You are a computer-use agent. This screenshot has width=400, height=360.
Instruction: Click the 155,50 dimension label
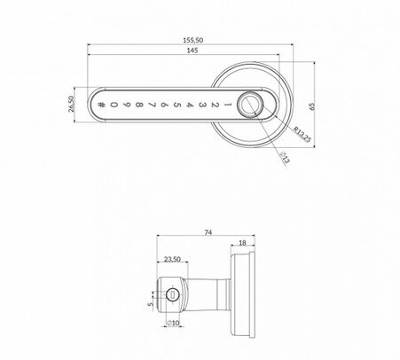pyautogui.click(x=193, y=40)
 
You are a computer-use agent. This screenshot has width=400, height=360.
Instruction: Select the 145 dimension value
pyautogui.click(x=192, y=51)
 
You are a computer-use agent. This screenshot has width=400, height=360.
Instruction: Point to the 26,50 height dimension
pyautogui.click(x=71, y=104)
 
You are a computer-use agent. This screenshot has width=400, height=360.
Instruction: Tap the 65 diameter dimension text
pyautogui.click(x=312, y=106)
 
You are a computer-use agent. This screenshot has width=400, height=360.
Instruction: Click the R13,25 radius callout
pyautogui.click(x=302, y=134)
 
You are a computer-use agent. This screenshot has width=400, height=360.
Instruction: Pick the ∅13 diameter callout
pyautogui.click(x=285, y=158)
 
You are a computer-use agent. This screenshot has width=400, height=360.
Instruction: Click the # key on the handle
pyautogui.click(x=101, y=105)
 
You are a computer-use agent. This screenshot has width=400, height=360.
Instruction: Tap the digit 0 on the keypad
pyautogui.click(x=114, y=105)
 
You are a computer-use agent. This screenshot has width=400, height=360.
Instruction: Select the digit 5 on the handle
pyautogui.click(x=176, y=105)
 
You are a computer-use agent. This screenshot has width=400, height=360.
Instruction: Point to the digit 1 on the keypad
pyautogui.click(x=228, y=105)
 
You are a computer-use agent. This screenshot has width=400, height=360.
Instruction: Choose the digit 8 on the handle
pyautogui.click(x=139, y=105)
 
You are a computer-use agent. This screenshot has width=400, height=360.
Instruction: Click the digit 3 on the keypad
pyautogui.click(x=202, y=105)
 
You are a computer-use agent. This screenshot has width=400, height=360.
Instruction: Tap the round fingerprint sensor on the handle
pyautogui.click(x=250, y=105)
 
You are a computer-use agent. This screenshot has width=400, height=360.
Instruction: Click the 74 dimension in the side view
pyautogui.click(x=208, y=232)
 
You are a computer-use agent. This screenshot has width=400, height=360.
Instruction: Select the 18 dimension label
pyautogui.click(x=242, y=243)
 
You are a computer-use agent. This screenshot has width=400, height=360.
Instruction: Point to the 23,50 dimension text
pyautogui.click(x=172, y=259)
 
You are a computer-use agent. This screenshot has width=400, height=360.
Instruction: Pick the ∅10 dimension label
pyautogui.click(x=173, y=323)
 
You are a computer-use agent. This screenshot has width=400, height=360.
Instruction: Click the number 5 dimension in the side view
pyautogui.click(x=151, y=304)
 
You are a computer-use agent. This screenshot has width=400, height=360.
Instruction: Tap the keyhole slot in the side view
pyautogui.click(x=172, y=294)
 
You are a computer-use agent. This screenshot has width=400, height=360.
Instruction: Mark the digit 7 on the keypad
pyautogui.click(x=152, y=105)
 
